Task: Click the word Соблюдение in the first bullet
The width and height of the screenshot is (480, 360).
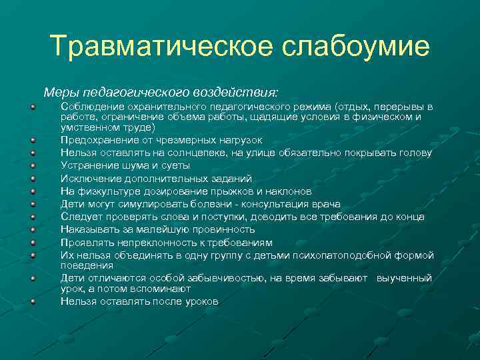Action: [90, 106]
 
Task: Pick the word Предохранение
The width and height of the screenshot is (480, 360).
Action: [96, 140]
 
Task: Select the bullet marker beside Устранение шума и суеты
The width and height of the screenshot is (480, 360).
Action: [32, 165]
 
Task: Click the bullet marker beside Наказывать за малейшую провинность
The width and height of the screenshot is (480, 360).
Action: [32, 229]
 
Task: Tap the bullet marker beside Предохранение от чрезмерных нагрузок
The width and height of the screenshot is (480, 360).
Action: [32, 140]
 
